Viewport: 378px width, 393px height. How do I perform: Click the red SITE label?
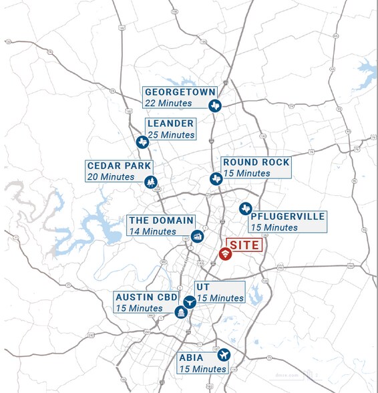click(244, 245)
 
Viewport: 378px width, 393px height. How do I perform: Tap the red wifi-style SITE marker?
click(226, 254)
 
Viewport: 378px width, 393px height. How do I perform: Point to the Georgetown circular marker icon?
click(215, 106)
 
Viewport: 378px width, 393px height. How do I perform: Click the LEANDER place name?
click(171, 124)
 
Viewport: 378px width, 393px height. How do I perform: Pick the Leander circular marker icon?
click(142, 142)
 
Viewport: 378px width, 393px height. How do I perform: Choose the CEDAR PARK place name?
click(120, 166)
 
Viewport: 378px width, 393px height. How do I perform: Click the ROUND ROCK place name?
click(256, 162)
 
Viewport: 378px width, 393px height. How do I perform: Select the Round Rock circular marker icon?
click(216, 178)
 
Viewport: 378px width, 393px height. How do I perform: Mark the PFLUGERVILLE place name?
click(288, 217)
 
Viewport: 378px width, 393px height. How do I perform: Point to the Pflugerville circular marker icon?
click(245, 208)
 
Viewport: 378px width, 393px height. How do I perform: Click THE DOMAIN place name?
click(161, 221)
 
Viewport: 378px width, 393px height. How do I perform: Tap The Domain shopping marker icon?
click(197, 236)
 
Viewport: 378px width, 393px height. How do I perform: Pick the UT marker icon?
click(189, 301)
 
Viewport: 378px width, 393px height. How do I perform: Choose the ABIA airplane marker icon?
click(224, 354)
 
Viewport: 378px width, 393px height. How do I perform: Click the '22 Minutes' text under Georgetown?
click(168, 104)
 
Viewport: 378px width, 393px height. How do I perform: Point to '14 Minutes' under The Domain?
click(152, 231)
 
